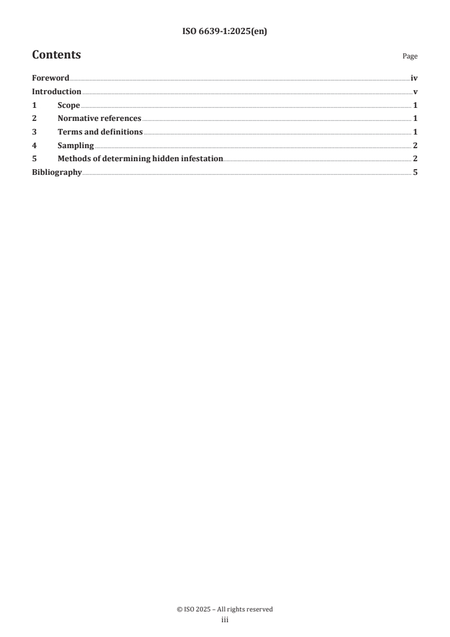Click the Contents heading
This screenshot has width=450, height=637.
[x=56, y=55]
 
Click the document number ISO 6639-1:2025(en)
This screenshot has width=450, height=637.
[x=225, y=32]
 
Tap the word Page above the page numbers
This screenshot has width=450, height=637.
[x=410, y=56]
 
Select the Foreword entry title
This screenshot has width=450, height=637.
[x=51, y=78]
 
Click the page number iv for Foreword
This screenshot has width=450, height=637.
[x=414, y=78]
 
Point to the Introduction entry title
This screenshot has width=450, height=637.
[x=57, y=92]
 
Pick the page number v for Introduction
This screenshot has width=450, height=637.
[x=415, y=92]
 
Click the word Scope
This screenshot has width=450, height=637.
[x=69, y=106]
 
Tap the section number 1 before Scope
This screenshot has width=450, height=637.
[x=34, y=106]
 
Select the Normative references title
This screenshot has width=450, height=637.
[x=99, y=119]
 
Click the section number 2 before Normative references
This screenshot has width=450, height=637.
[x=34, y=119]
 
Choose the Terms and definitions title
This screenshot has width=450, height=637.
[x=100, y=132]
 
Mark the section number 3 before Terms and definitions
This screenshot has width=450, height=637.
[x=34, y=132]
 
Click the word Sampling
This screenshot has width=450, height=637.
[x=75, y=146]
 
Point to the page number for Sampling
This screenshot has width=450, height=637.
[x=415, y=146]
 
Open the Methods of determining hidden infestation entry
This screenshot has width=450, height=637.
[x=140, y=159]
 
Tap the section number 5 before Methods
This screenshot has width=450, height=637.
[x=34, y=159]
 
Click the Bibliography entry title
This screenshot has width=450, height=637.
[x=57, y=173]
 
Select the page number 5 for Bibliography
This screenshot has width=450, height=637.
[x=415, y=173]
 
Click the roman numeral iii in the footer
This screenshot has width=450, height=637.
[x=225, y=621]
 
